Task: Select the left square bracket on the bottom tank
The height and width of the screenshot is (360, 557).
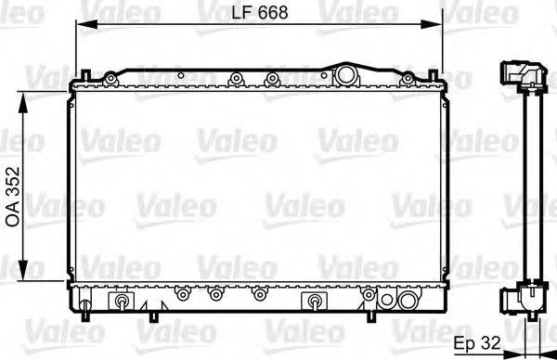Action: pyautogui.click(x=122, y=301)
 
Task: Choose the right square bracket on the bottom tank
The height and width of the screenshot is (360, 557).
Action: pyautogui.click(x=315, y=301)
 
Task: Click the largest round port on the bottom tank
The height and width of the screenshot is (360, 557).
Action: pyautogui.click(x=406, y=300)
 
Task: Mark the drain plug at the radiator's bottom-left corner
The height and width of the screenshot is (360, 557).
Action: pyautogui.click(x=85, y=304)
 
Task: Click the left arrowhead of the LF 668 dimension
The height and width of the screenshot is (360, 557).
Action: pyautogui.click(x=80, y=22)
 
